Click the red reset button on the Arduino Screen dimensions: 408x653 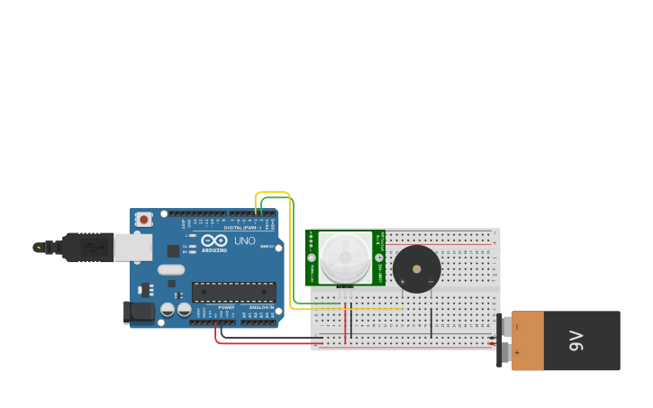pos(144,219)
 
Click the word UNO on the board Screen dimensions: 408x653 pos(245,240)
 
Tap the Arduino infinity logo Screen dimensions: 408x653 pos(214,240)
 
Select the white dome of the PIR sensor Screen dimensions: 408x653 pos(345,257)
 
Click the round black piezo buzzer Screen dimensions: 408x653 pos(417,268)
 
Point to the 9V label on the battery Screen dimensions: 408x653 pos(576,340)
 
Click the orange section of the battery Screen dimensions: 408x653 pos(528,340)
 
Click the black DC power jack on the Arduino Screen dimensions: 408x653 pos(137,312)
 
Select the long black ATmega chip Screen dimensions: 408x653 pos(234,292)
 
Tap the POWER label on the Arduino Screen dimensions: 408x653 pos(225,307)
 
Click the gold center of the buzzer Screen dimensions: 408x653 pos(417,268)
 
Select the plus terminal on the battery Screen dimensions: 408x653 pos(516,353)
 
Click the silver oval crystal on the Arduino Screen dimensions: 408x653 pos(170,269)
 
